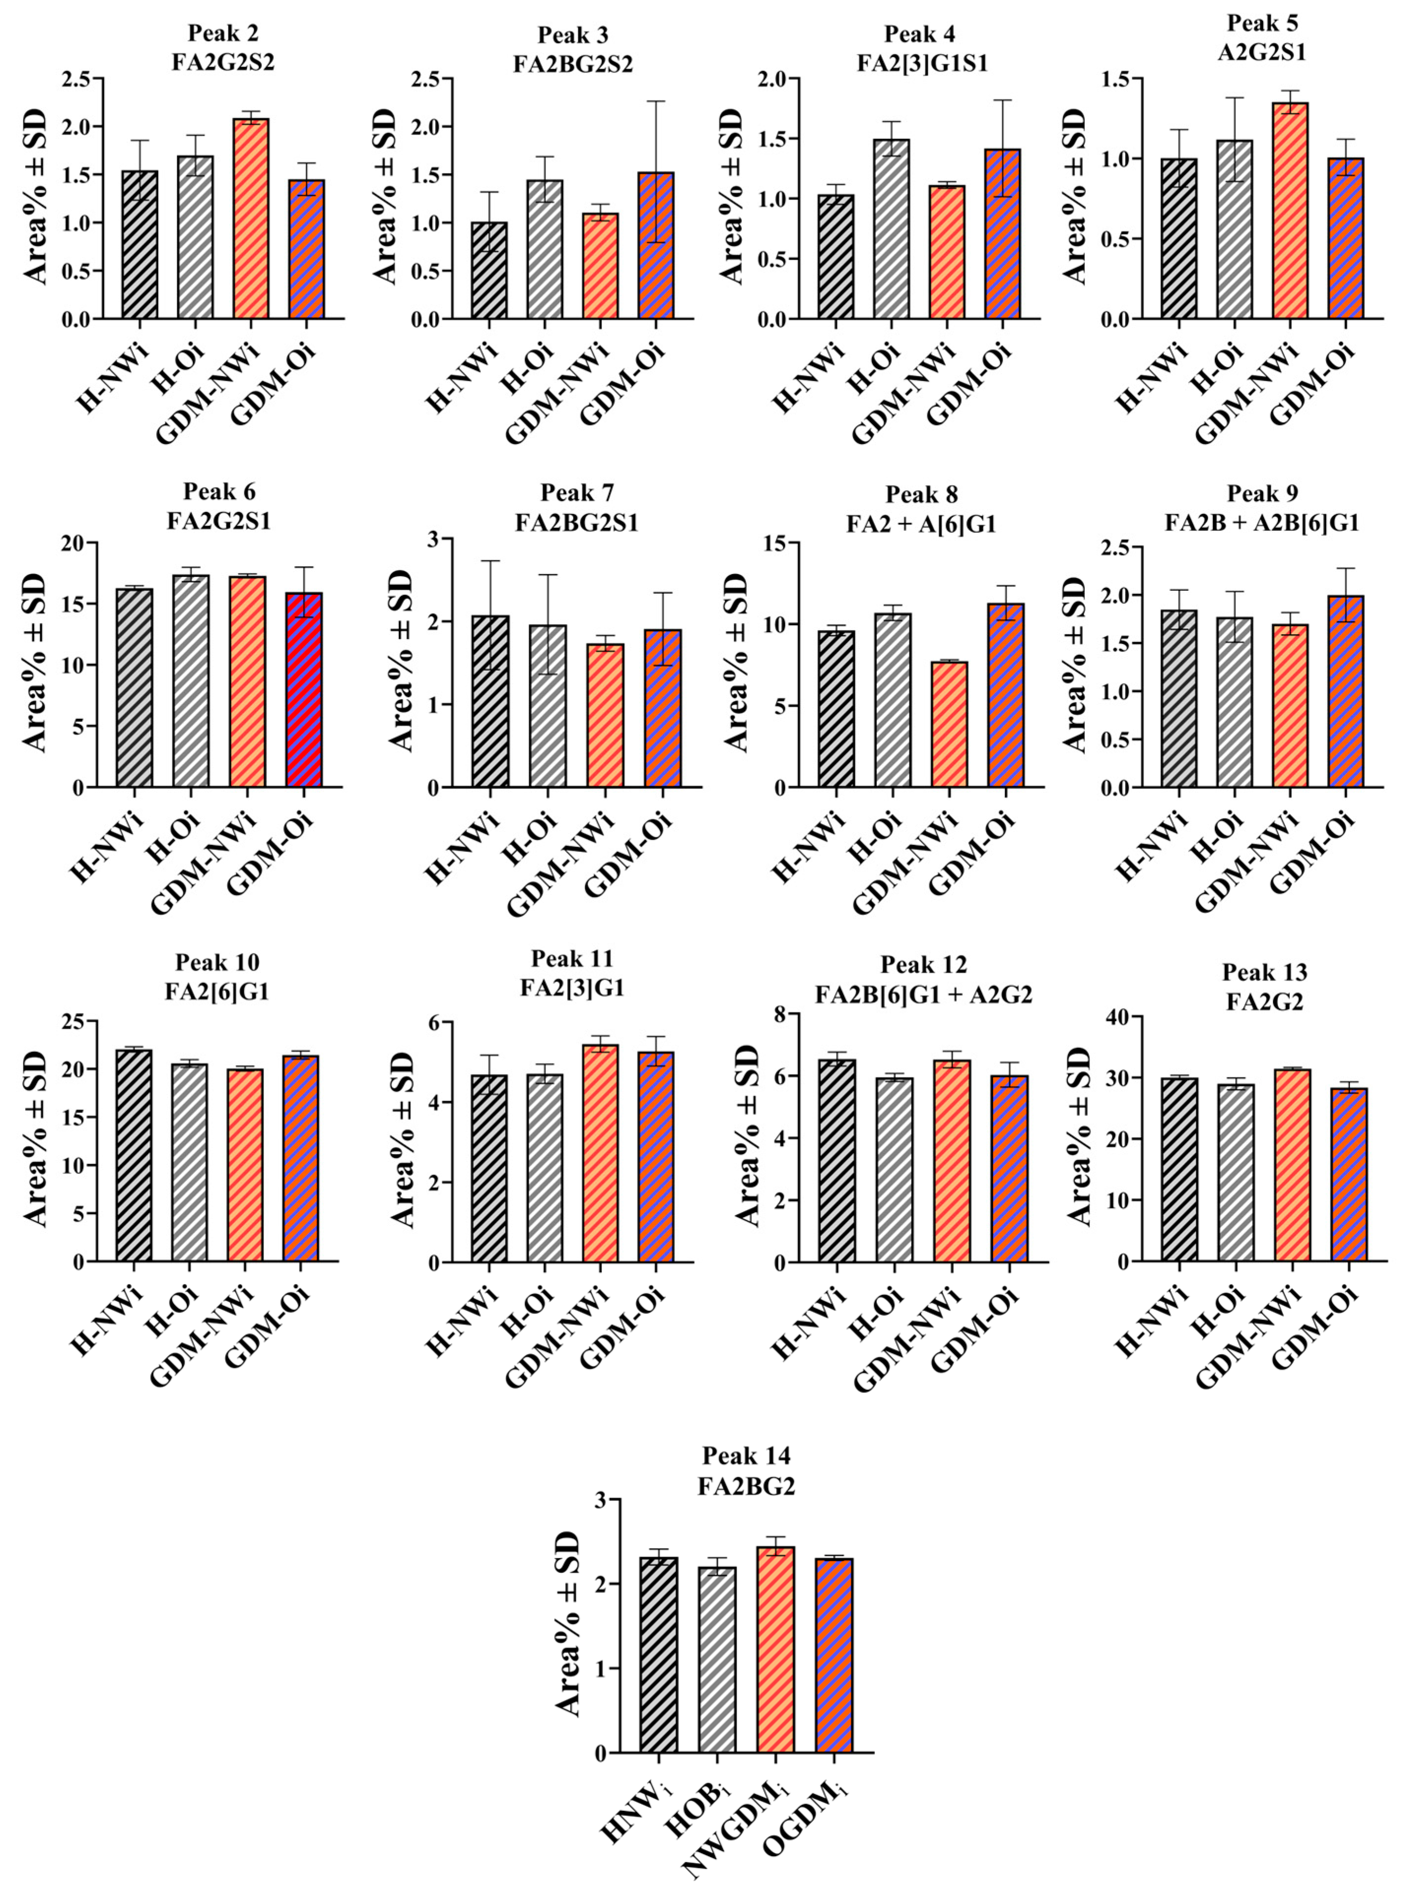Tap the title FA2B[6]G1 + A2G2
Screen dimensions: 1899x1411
pyautogui.click(x=923, y=994)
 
